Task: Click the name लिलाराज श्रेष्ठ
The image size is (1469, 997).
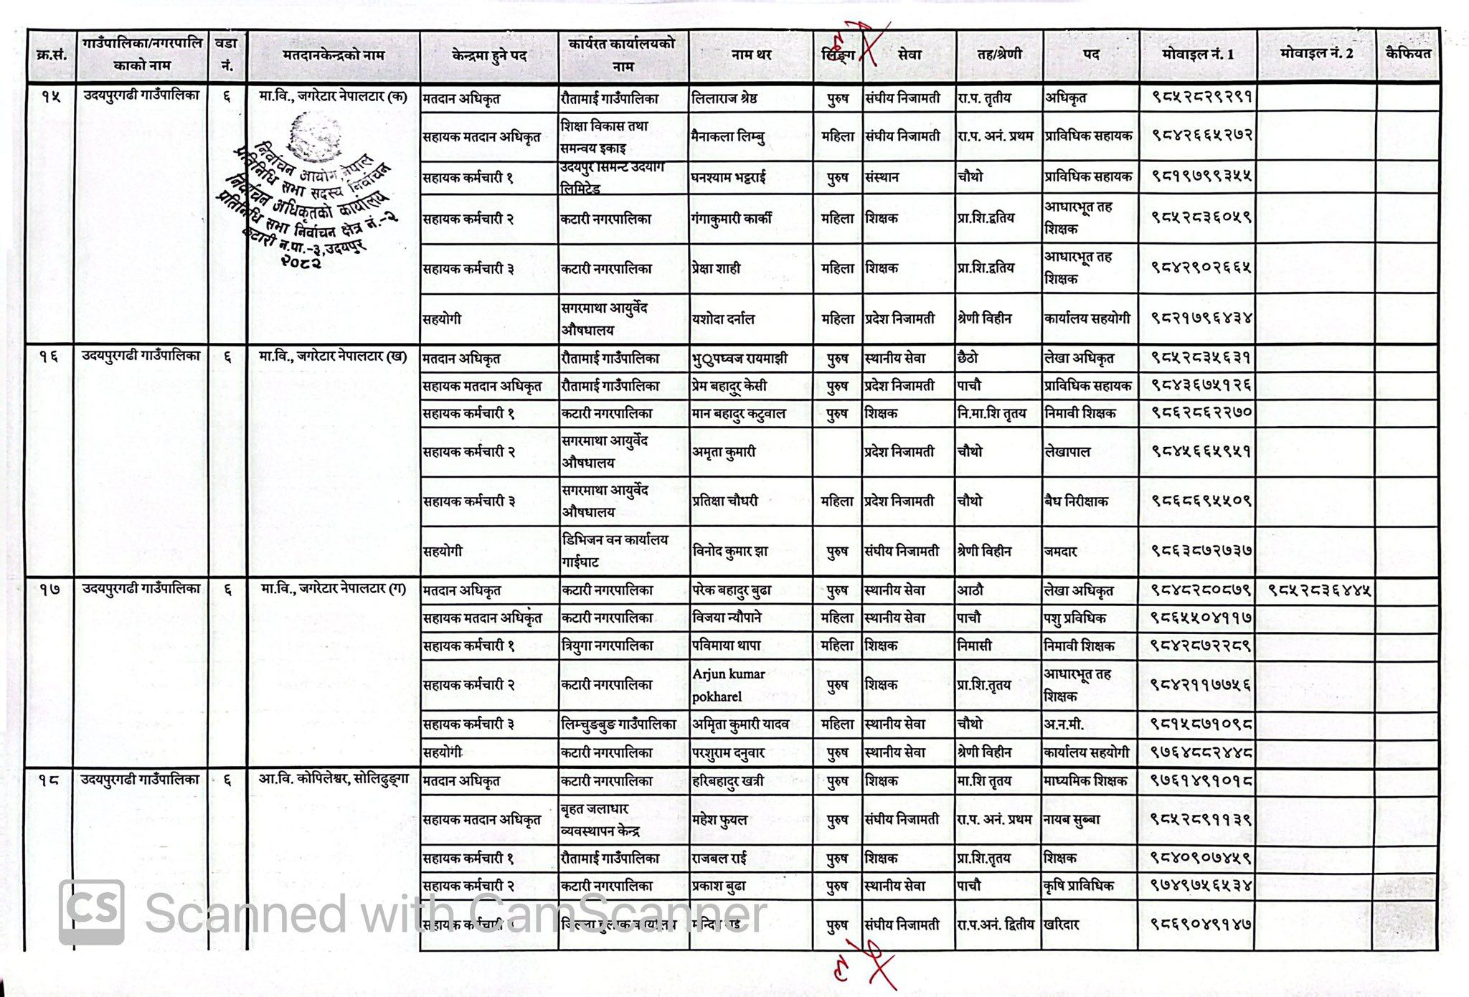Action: [x=724, y=98]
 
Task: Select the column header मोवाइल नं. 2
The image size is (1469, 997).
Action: [x=1316, y=54]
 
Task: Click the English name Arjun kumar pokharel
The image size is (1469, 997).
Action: [x=729, y=685]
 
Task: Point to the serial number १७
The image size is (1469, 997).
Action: [x=49, y=589]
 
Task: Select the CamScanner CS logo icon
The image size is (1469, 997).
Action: [x=91, y=912]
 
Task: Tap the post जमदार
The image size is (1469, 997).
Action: [x=1061, y=552]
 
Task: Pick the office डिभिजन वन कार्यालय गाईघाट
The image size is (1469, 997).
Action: [x=615, y=550]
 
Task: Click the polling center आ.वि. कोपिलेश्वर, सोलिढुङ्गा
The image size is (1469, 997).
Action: [x=334, y=780]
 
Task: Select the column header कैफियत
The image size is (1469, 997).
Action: [x=1408, y=54]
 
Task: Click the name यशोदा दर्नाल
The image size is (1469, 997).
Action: [x=723, y=319]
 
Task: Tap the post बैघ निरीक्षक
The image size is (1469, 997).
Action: [x=1076, y=501]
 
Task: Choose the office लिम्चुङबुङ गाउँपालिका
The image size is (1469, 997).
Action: [x=619, y=724]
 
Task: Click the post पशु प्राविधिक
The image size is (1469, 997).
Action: [x=1074, y=618]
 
